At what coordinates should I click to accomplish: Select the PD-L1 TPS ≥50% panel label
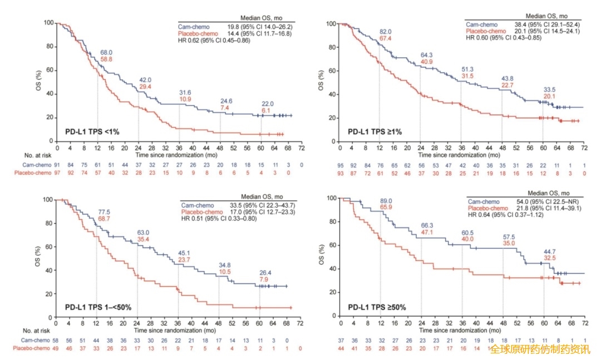(377, 306)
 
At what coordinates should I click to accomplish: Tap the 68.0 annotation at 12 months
(106, 52)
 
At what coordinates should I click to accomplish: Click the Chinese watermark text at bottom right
(539, 349)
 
